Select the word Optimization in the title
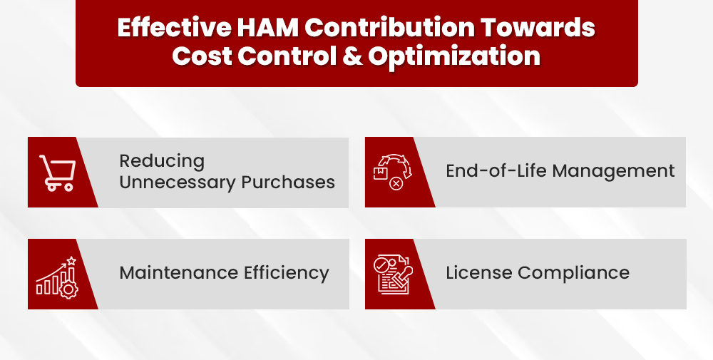(454, 56)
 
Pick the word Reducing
(162, 161)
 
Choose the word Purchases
(288, 182)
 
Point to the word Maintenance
(178, 273)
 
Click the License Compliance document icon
(391, 274)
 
